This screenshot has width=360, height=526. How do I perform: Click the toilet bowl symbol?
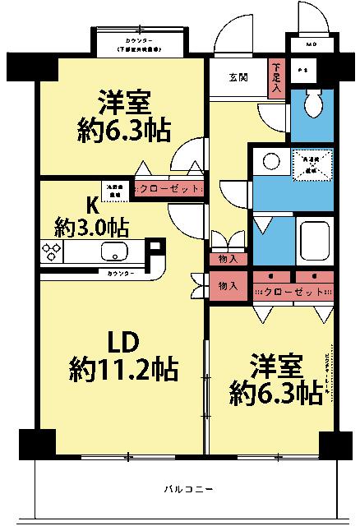tap(312, 104)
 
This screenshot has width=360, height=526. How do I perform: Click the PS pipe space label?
tap(302, 70)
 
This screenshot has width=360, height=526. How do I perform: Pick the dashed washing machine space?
tap(313, 164)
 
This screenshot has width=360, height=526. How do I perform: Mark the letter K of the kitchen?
tap(93, 204)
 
